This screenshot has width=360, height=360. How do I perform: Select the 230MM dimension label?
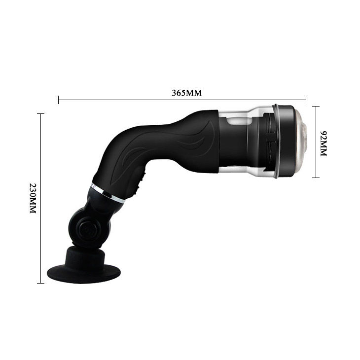click(x=33, y=198)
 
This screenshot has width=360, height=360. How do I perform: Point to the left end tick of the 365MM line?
click(x=59, y=100)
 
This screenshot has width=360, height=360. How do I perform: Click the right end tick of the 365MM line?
click(x=306, y=100)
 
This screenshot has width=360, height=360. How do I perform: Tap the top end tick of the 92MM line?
click(x=316, y=107)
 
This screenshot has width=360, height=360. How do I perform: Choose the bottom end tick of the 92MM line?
click(x=316, y=178)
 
